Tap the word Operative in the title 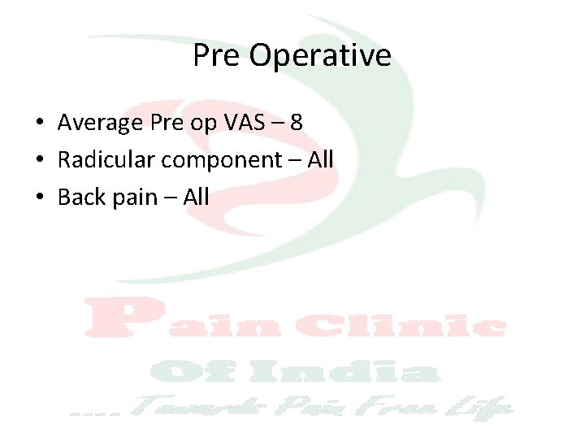coord(320,57)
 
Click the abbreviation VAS coord(244,124)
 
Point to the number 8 coord(297,124)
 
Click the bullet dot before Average coord(39,124)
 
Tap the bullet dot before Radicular coord(39,161)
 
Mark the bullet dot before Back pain coord(39,198)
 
